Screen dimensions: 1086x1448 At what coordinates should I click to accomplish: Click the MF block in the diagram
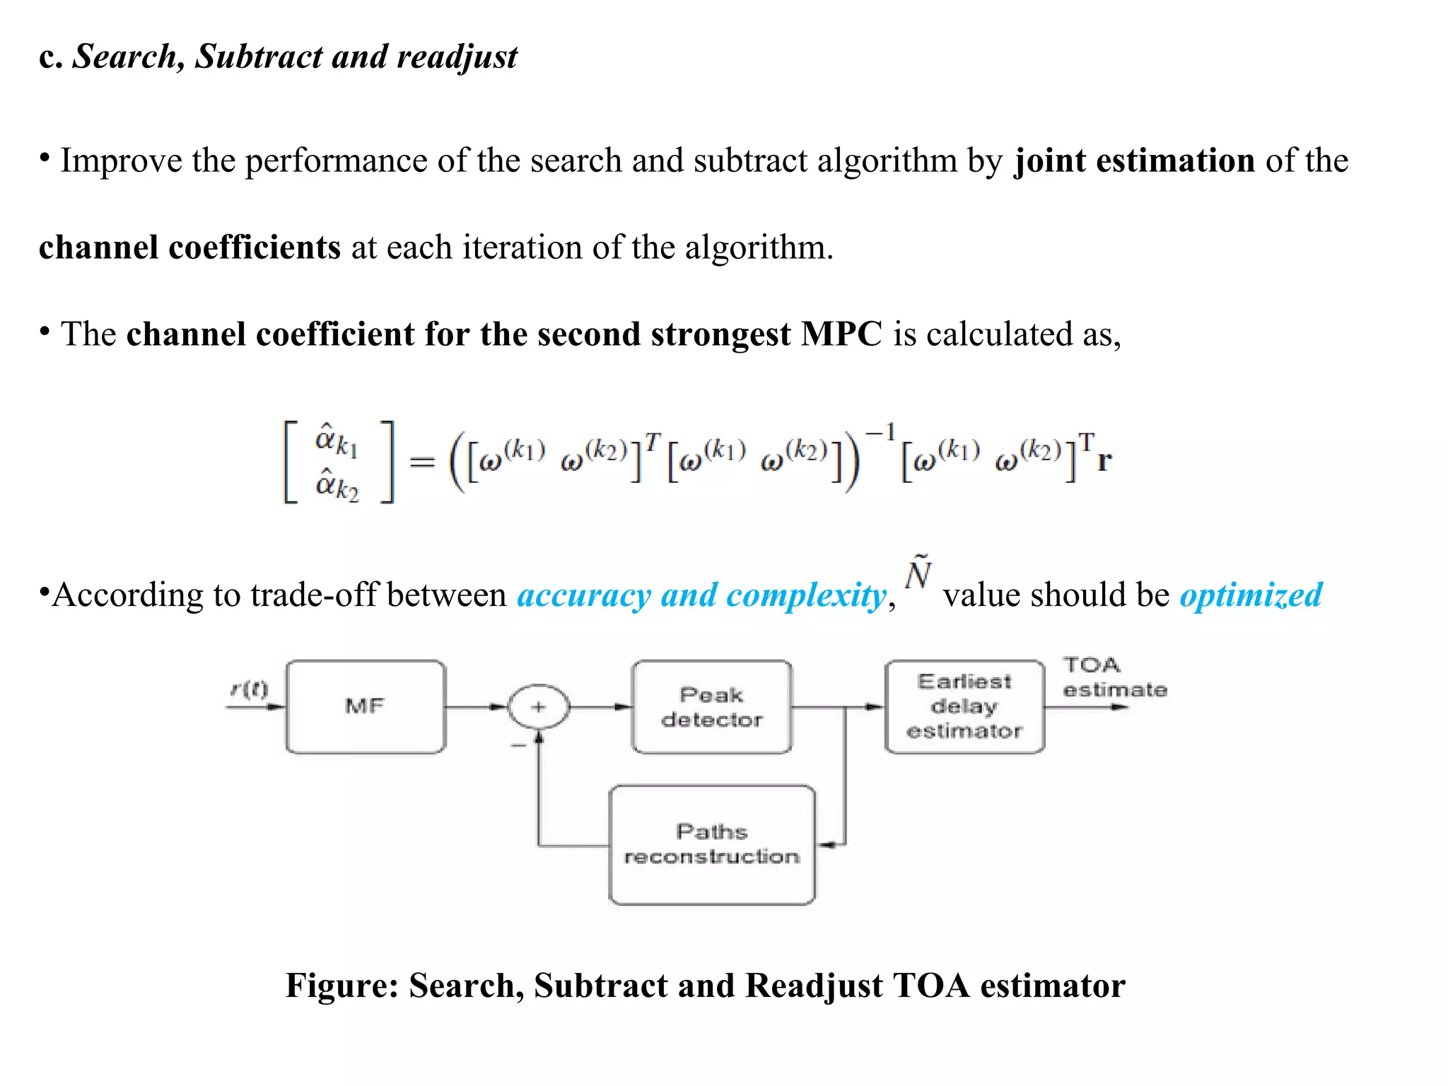pos(366,706)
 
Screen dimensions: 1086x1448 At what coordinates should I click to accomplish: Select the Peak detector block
pos(711,706)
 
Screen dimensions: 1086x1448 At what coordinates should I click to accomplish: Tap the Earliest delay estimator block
pos(964,706)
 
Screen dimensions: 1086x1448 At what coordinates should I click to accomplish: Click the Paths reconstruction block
pos(711,844)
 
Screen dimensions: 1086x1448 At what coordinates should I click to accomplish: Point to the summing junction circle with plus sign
pos(539,706)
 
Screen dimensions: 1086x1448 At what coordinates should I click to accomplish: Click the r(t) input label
pos(250,689)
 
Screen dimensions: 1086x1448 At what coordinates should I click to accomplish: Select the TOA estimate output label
pos(1114,677)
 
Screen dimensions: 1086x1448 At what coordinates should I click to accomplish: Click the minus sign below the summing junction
pos(519,745)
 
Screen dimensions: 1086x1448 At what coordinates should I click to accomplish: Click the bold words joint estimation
pos(1134,160)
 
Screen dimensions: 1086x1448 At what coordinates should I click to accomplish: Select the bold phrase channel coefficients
pos(189,247)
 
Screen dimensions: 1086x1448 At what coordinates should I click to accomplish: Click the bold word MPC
pos(841,334)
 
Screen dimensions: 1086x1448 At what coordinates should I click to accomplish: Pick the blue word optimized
pos(1251,595)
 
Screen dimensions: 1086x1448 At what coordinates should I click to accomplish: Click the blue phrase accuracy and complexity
pos(701,595)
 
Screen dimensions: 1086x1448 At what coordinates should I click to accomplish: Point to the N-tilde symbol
pos(918,573)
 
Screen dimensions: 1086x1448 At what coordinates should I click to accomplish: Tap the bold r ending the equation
pos(1104,461)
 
